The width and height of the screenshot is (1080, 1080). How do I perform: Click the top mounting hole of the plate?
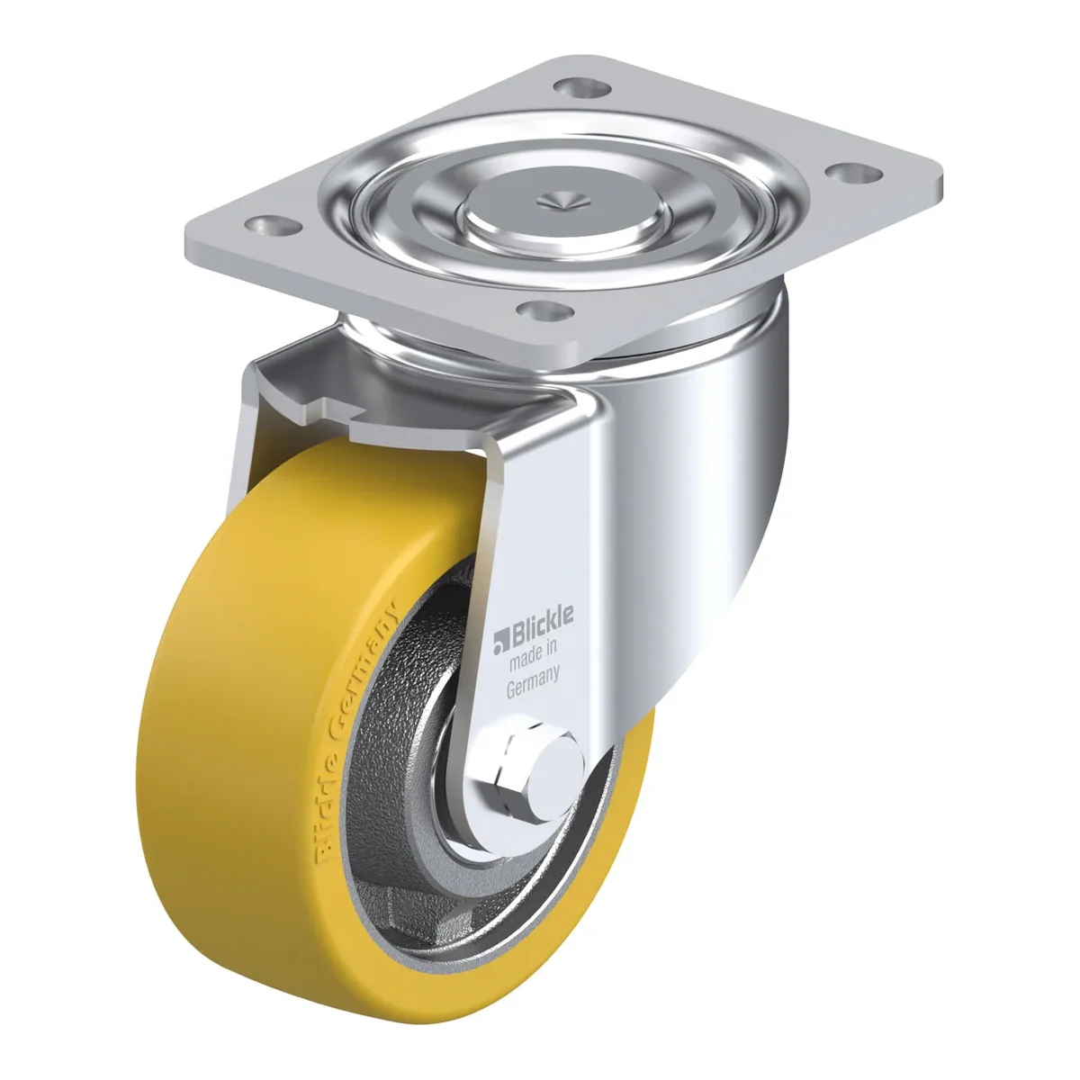tap(581, 87)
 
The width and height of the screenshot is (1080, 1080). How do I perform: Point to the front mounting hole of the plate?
tap(544, 309)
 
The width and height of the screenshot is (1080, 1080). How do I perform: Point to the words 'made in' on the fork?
tap(532, 660)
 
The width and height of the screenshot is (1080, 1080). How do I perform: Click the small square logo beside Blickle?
tap(499, 643)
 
